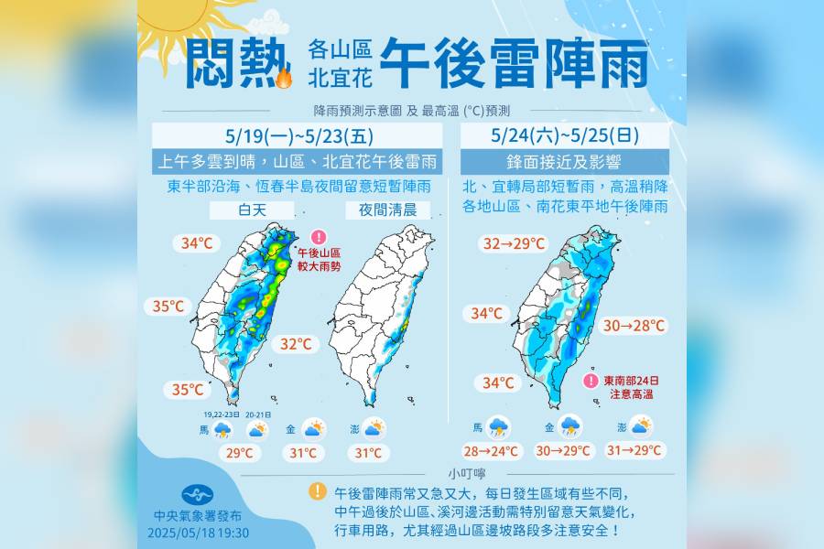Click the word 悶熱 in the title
pos(230,63)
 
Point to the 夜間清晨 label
pos(387,210)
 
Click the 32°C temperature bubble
pos(296,344)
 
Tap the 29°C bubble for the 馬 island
pos(241,452)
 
